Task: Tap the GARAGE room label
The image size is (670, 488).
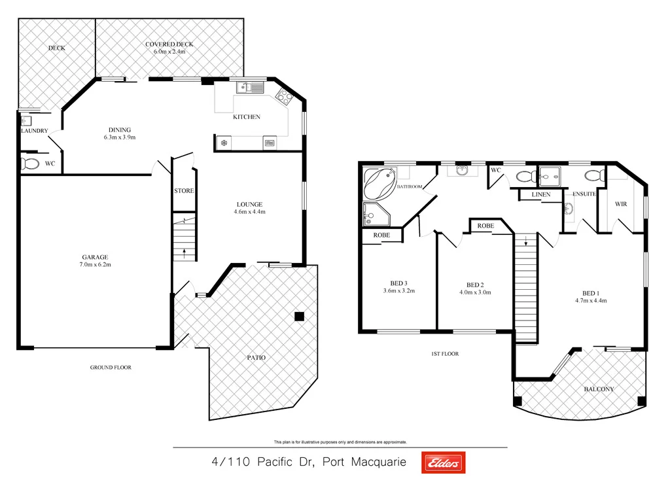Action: coord(95,257)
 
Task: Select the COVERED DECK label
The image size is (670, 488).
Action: coord(169,44)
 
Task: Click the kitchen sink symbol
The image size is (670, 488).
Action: coord(251,86)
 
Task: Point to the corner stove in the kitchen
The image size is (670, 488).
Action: coord(283,97)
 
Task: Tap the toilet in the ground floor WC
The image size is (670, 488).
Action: coord(29,164)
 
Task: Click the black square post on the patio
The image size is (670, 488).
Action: coord(299,317)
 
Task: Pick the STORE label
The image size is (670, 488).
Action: coord(184,191)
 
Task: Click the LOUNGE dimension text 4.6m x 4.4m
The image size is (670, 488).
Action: coord(249,212)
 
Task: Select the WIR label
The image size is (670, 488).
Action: coord(621,204)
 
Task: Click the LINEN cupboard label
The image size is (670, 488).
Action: coord(541,195)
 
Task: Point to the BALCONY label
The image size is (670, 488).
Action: coord(599,389)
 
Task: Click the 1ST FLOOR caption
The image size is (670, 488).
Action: coord(444,354)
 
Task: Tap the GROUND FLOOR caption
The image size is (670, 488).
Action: coord(111,368)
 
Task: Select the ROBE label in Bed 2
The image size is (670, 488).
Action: coord(485,226)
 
